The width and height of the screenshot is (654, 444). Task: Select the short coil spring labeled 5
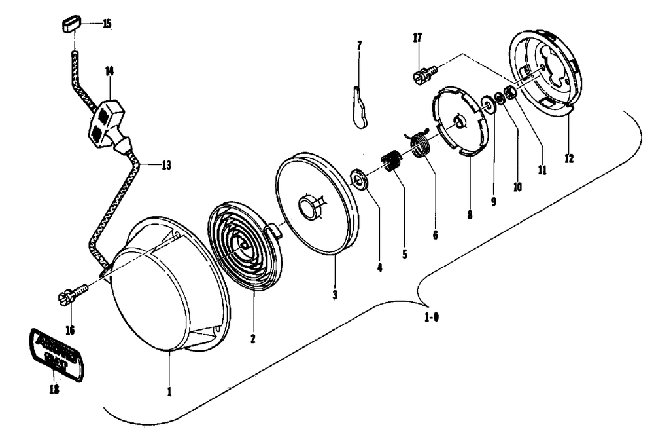(392, 161)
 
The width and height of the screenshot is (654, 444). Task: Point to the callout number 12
(568, 158)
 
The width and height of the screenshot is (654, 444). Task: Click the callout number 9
(494, 202)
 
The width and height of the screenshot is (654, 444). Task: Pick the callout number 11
(542, 169)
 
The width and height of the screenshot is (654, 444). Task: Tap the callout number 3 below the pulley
(334, 295)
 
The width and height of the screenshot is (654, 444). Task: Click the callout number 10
(517, 186)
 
